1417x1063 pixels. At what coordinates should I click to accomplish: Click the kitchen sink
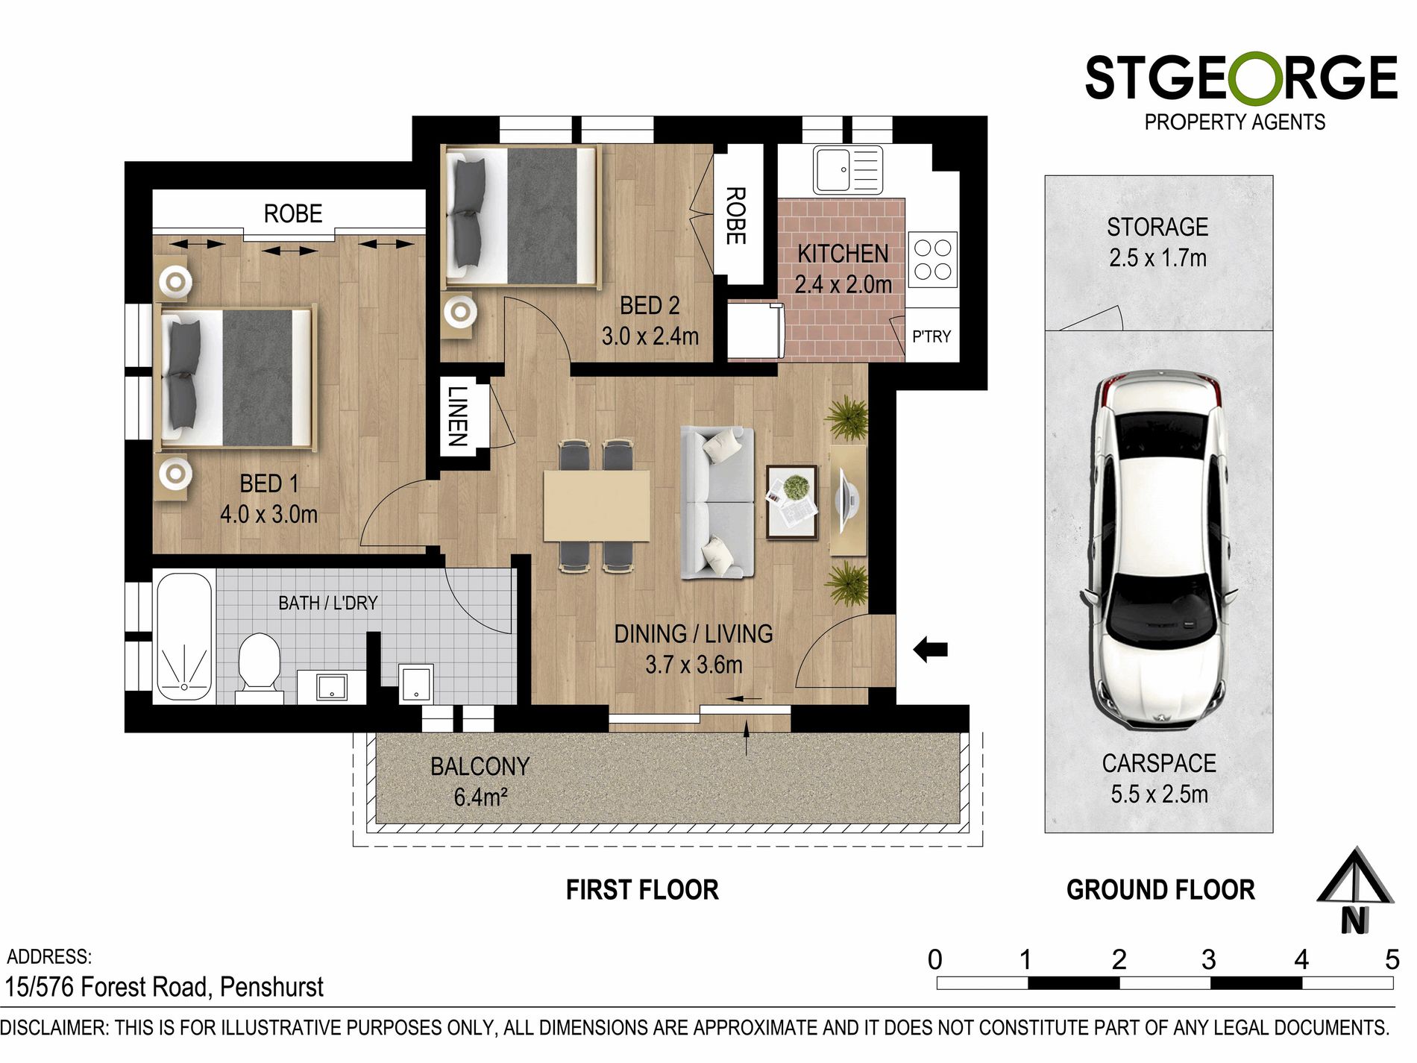[x=848, y=170]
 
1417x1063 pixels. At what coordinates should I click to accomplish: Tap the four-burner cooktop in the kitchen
[x=932, y=260]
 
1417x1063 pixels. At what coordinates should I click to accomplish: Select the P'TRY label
[x=931, y=336]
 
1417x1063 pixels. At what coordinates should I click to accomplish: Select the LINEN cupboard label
[x=458, y=416]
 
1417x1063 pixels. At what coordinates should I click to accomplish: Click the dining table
[x=596, y=505]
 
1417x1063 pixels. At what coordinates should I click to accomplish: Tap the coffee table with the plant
[x=792, y=501]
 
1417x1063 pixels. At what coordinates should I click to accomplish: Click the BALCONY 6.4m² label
[x=480, y=782]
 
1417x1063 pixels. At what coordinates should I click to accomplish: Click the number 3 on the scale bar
[x=1208, y=959]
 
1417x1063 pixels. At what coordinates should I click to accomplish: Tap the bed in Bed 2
[x=521, y=216]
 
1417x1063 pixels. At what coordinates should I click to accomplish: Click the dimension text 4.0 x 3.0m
[x=268, y=514]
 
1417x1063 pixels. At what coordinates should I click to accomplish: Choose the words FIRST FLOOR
[x=642, y=890]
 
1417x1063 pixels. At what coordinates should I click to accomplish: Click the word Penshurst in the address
[x=271, y=988]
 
